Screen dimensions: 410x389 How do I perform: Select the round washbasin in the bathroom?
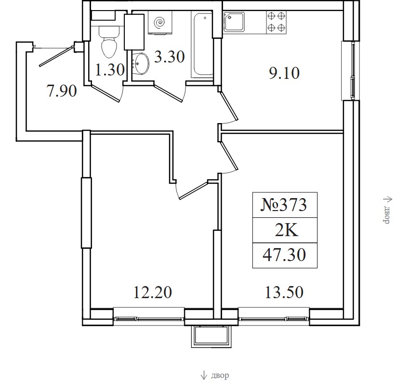pos(141,64)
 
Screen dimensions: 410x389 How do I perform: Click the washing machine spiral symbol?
pos(160,23)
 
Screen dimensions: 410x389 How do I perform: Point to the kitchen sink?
pos(234,22)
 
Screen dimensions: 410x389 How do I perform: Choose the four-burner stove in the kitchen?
pos(277,22)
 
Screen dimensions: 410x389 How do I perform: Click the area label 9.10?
pos(284,73)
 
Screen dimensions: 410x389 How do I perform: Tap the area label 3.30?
pos(170,57)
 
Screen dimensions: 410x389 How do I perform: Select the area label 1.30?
pos(109,70)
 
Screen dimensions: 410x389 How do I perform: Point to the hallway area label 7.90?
pos(62,91)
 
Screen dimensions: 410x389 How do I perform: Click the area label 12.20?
pos(153,292)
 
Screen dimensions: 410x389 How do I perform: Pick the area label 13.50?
pos(284,292)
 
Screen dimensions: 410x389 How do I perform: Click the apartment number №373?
pos(284,205)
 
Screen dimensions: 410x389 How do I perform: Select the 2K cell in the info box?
pos(286,230)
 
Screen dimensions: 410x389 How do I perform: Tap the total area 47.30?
pos(284,255)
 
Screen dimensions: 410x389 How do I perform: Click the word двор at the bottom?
pos(220,376)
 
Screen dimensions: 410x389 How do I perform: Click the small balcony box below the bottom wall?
pos(212,336)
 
